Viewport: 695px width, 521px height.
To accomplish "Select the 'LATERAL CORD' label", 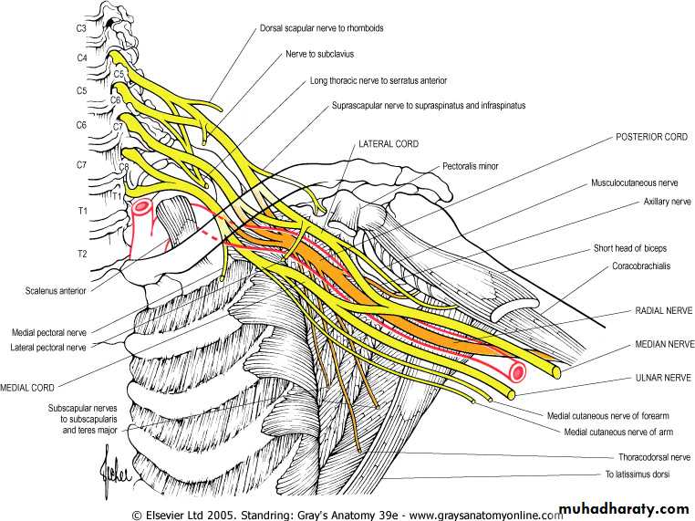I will click(x=388, y=144).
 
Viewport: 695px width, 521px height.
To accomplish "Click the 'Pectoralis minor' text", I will click(x=471, y=167).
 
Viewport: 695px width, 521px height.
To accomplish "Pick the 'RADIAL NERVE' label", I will click(x=663, y=311).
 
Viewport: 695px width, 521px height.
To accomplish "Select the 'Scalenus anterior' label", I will click(x=58, y=292).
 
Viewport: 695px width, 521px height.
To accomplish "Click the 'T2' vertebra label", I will click(x=81, y=253).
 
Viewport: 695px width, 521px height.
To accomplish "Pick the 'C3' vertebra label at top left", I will click(x=81, y=30).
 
